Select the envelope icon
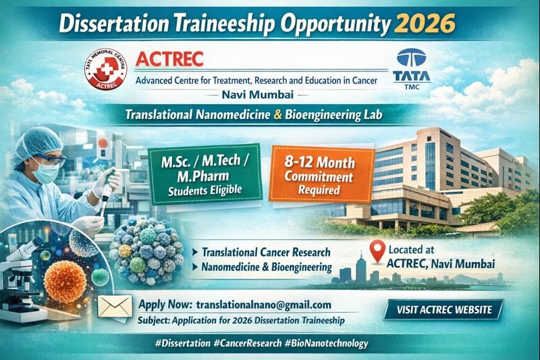point(115,307)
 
